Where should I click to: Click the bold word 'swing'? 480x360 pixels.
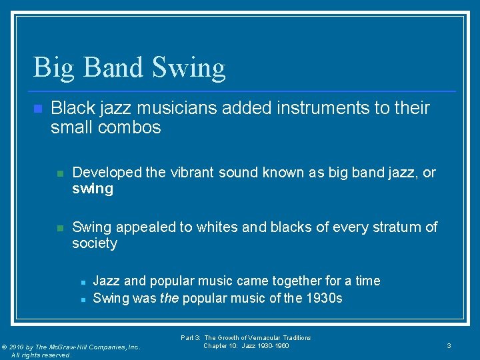93,189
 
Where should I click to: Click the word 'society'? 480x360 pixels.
95,243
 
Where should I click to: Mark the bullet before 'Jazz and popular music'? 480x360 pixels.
81,281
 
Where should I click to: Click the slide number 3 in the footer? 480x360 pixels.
449,345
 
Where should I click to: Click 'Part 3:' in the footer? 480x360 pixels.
191,338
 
